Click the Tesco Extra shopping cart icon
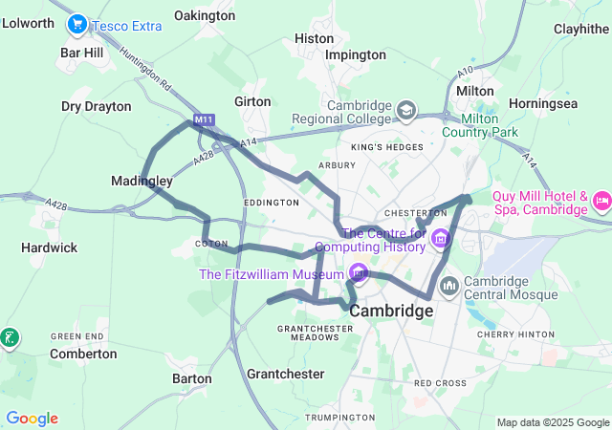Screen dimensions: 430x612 77,25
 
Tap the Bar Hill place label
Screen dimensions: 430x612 81,54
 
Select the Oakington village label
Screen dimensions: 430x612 205,15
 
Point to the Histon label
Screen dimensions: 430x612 315,38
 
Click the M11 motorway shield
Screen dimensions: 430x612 203,120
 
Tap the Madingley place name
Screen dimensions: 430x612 142,181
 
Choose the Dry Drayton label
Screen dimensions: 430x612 96,106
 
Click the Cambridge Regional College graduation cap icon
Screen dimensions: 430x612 405,112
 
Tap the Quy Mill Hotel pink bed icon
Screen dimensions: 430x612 602,202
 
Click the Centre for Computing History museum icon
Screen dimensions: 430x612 440,239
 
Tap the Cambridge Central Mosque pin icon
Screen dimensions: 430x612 447,285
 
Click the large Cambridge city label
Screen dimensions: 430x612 391,312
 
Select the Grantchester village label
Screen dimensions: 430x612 285,374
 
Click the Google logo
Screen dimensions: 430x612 32,419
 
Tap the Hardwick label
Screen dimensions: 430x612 50,247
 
